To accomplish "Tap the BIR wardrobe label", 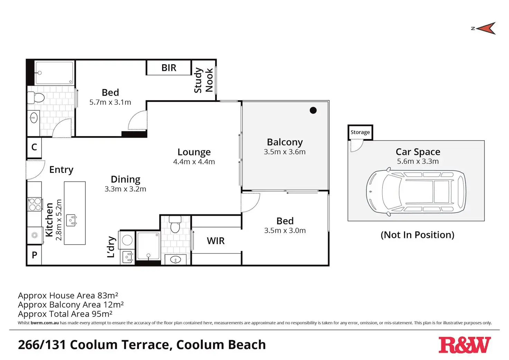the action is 169,68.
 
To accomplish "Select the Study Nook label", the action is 204,80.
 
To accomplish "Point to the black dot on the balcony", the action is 313,110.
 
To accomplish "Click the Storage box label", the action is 360,132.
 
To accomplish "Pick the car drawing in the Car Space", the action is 416,192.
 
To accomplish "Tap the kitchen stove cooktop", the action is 35,204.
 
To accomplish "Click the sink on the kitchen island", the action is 72,220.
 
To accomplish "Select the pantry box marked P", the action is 34,255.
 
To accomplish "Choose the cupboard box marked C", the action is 34,147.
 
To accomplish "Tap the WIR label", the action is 216,241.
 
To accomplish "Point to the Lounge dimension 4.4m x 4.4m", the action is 194,161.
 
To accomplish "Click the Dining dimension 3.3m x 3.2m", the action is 125,189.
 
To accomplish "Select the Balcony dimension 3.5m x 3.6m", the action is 285,151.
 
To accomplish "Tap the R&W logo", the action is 464,345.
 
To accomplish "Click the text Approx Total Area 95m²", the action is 65,314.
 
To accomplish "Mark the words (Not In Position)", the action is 417,235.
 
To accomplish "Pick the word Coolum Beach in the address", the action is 221,344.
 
